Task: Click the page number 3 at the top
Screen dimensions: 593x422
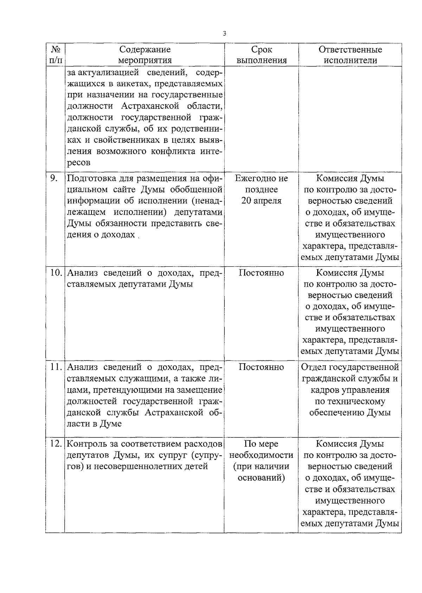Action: point(224,34)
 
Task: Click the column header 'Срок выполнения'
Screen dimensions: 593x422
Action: point(261,55)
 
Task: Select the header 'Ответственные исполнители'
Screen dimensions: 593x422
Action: point(350,55)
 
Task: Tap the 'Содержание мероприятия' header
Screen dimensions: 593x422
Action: point(145,55)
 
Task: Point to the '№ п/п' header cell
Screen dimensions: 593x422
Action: point(55,55)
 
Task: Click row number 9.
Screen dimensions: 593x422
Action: point(54,178)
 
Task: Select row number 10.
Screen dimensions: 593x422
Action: point(56,273)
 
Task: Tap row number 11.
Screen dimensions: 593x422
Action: point(56,367)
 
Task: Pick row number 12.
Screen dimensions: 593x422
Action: point(56,444)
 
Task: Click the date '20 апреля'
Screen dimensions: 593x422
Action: point(261,201)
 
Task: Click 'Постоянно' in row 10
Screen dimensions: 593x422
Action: point(261,273)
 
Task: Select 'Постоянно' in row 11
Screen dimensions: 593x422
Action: point(261,367)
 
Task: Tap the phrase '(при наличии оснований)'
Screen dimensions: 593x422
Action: point(261,472)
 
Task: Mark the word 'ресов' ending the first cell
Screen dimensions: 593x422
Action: point(78,163)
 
